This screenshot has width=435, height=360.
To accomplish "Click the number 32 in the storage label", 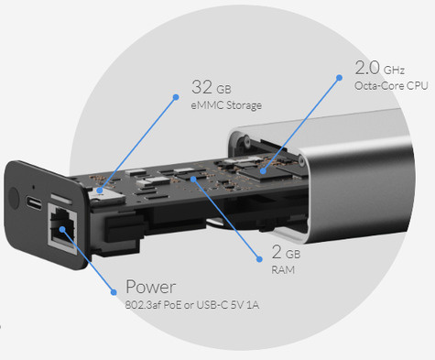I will pyautogui.click(x=201, y=87).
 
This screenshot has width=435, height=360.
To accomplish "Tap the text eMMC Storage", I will pyautogui.click(x=226, y=105).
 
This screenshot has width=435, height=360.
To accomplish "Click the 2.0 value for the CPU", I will pyautogui.click(x=367, y=68).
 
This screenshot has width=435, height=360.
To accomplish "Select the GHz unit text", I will pyautogui.click(x=395, y=70).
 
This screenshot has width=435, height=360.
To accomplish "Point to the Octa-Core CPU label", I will pyautogui.click(x=388, y=85).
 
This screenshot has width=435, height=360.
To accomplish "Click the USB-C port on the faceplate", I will pyautogui.click(x=35, y=202).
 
